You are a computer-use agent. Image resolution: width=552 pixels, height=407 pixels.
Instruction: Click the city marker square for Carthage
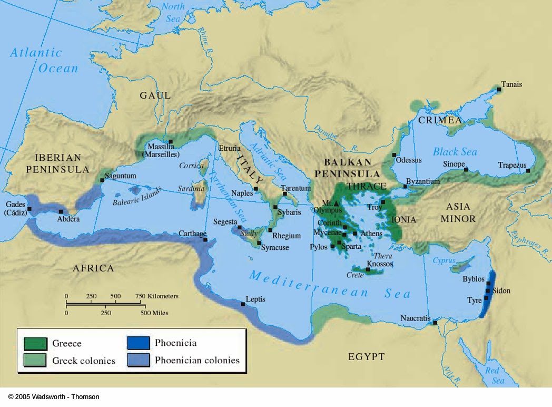(205, 240)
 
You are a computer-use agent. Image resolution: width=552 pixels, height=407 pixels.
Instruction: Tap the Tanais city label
(512, 84)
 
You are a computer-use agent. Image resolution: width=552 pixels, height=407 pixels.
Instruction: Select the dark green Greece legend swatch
(35, 344)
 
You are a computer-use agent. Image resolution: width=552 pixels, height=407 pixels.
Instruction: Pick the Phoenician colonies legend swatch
(138, 361)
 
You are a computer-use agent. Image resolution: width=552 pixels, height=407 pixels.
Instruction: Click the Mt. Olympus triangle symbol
(337, 203)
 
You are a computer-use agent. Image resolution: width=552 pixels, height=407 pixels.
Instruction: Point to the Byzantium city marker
(405, 187)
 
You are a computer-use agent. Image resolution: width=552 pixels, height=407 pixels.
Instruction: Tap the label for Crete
(355, 275)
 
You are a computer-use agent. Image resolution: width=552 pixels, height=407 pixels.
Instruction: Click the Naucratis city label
(415, 318)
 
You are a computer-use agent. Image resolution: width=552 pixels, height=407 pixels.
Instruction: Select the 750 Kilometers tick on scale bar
(141, 302)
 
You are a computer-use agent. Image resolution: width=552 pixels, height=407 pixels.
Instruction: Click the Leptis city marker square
(243, 304)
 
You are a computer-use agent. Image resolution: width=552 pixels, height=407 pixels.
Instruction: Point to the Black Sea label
(455, 152)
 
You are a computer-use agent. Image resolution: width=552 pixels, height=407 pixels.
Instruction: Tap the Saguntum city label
(121, 176)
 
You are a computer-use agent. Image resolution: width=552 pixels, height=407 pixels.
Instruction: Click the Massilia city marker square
(171, 141)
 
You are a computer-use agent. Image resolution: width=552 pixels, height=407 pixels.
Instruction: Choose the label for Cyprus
(443, 260)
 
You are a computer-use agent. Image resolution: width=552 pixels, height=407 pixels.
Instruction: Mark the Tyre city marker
(487, 298)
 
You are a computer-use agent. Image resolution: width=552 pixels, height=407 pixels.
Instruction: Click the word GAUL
(155, 95)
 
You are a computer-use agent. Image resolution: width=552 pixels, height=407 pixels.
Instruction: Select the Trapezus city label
(512, 165)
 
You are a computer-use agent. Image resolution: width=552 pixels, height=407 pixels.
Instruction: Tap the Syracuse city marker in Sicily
(259, 242)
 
